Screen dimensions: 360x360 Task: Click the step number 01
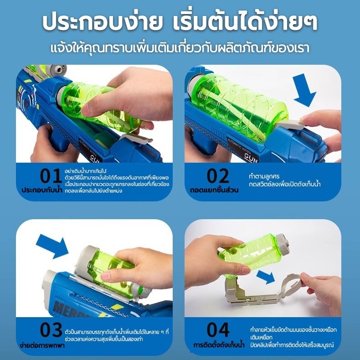pos(51,176)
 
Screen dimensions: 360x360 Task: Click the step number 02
pos(218,176)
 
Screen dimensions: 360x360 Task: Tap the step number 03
pos(51,329)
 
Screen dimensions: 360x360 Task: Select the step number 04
pos(218,329)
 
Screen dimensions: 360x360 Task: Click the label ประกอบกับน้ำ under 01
pos(42,190)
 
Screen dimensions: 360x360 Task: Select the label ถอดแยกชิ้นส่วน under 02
pos(214,190)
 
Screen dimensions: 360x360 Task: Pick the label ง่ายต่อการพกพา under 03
pos(42,345)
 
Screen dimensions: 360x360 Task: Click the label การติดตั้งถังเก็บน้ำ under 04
pos(219,345)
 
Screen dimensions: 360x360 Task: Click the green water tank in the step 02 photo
pos(239,106)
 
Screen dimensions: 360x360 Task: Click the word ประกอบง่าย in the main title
pos(103,22)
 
